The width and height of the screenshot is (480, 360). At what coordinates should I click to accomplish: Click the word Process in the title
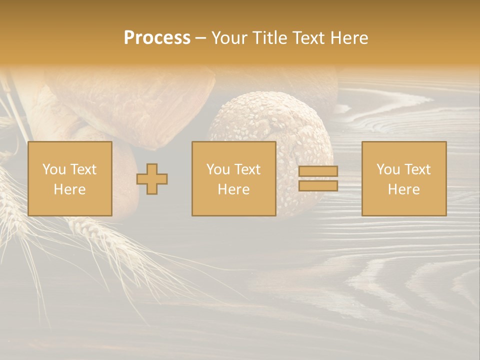click(x=157, y=38)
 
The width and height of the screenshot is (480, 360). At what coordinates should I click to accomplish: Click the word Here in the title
click(x=350, y=38)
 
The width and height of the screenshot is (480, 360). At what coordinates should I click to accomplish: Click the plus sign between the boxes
click(x=152, y=179)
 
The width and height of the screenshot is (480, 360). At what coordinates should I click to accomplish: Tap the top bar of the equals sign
click(x=318, y=171)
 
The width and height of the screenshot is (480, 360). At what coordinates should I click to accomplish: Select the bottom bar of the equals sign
click(x=318, y=185)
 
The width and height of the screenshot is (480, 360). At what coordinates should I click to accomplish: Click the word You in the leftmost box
click(x=54, y=169)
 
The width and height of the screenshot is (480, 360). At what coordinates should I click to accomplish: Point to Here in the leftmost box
click(x=69, y=189)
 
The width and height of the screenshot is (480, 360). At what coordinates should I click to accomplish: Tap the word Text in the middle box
click(x=247, y=169)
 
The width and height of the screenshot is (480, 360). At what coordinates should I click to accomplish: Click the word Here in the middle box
click(x=233, y=189)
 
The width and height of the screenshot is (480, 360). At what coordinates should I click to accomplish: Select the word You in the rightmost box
click(x=388, y=169)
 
